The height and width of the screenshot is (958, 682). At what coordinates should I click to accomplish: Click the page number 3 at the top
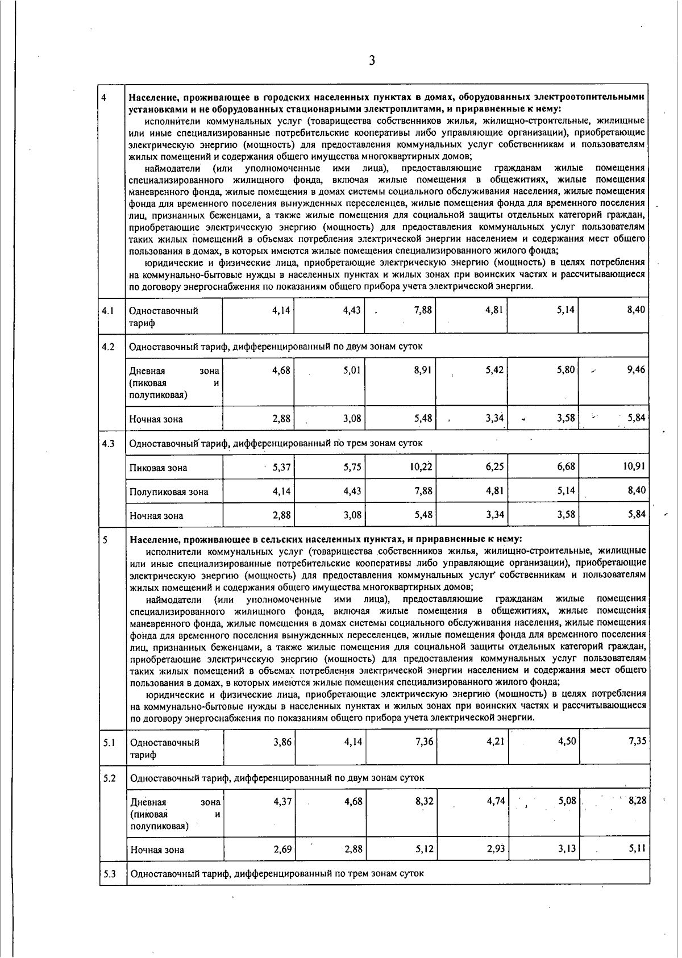click(372, 61)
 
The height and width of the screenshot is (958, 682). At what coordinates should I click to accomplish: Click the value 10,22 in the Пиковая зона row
click(421, 466)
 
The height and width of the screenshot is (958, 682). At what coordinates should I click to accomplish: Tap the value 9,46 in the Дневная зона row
click(636, 370)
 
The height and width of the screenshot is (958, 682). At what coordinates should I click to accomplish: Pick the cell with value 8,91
click(423, 370)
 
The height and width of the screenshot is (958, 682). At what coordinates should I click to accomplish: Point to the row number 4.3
click(108, 443)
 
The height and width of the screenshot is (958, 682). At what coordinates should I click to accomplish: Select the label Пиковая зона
click(158, 468)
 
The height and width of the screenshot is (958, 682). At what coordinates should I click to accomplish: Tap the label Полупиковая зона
click(169, 492)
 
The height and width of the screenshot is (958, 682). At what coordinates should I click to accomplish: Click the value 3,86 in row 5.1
click(282, 742)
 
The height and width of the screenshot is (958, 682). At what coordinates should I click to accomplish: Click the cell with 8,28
click(637, 801)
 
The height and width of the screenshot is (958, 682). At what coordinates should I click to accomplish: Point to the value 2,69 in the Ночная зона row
click(282, 849)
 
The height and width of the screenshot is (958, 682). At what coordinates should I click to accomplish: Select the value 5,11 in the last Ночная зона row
click(637, 849)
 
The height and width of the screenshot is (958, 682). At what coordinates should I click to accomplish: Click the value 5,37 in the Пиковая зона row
click(281, 468)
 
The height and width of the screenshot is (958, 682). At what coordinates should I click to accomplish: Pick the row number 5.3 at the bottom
click(109, 873)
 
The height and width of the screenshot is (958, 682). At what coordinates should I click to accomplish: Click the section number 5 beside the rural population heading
click(106, 539)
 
